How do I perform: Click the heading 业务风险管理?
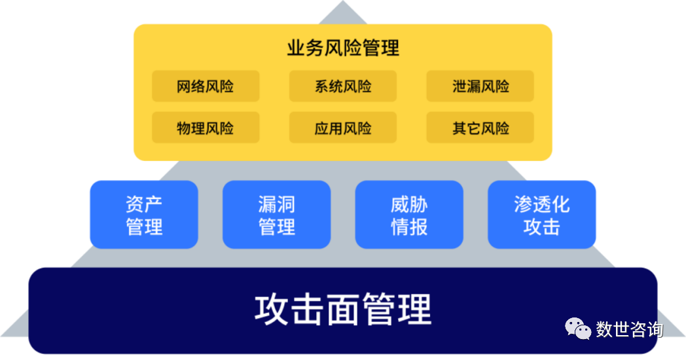[x=342, y=48]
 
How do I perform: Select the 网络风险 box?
[x=206, y=86]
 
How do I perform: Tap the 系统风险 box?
[x=343, y=86]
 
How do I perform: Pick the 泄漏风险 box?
[x=480, y=86]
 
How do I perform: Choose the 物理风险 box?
[x=206, y=128]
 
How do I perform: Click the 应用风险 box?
[x=343, y=128]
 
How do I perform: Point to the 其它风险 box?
[x=480, y=128]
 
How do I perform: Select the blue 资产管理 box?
[x=143, y=215]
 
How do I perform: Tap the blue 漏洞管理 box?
[x=276, y=215]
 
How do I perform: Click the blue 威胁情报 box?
[x=409, y=215]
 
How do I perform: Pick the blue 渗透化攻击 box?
[x=542, y=215]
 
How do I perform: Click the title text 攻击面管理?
[x=342, y=310]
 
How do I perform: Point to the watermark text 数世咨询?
[x=629, y=329]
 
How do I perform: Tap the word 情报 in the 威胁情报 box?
[x=409, y=226]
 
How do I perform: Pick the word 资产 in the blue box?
[x=143, y=204]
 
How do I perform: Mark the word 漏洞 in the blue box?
[x=276, y=204]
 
